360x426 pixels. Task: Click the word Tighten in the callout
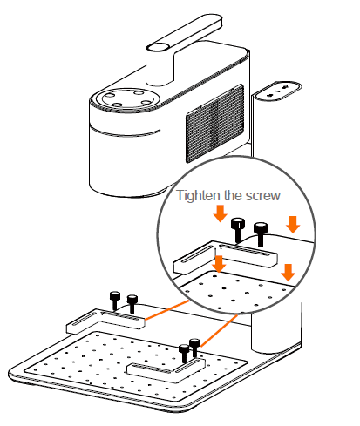coord(197,195)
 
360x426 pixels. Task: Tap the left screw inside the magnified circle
coord(238,231)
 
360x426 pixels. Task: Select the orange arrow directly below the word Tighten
coord(220,213)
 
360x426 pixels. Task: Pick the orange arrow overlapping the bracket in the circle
coord(219,260)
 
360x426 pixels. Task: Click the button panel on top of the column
coord(278,89)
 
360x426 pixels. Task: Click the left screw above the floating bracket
coord(114,301)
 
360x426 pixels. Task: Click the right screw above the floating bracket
coord(132,304)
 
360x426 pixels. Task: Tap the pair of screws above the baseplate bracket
coord(187,353)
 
